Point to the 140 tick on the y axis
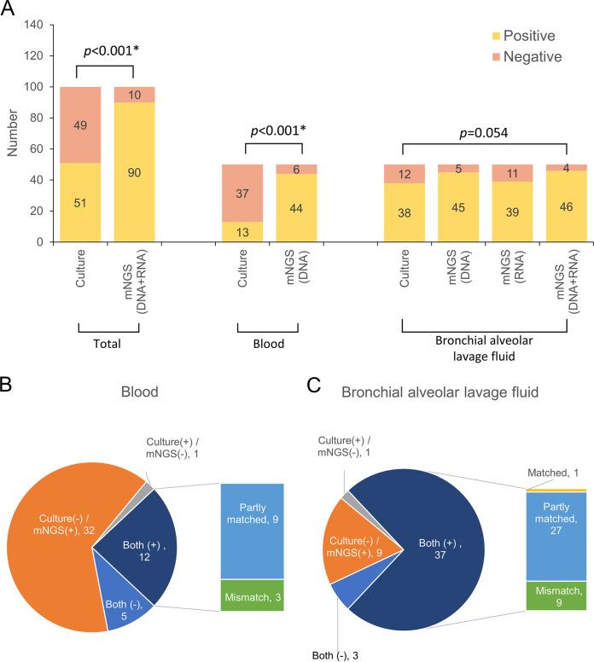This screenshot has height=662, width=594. click(35, 25)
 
